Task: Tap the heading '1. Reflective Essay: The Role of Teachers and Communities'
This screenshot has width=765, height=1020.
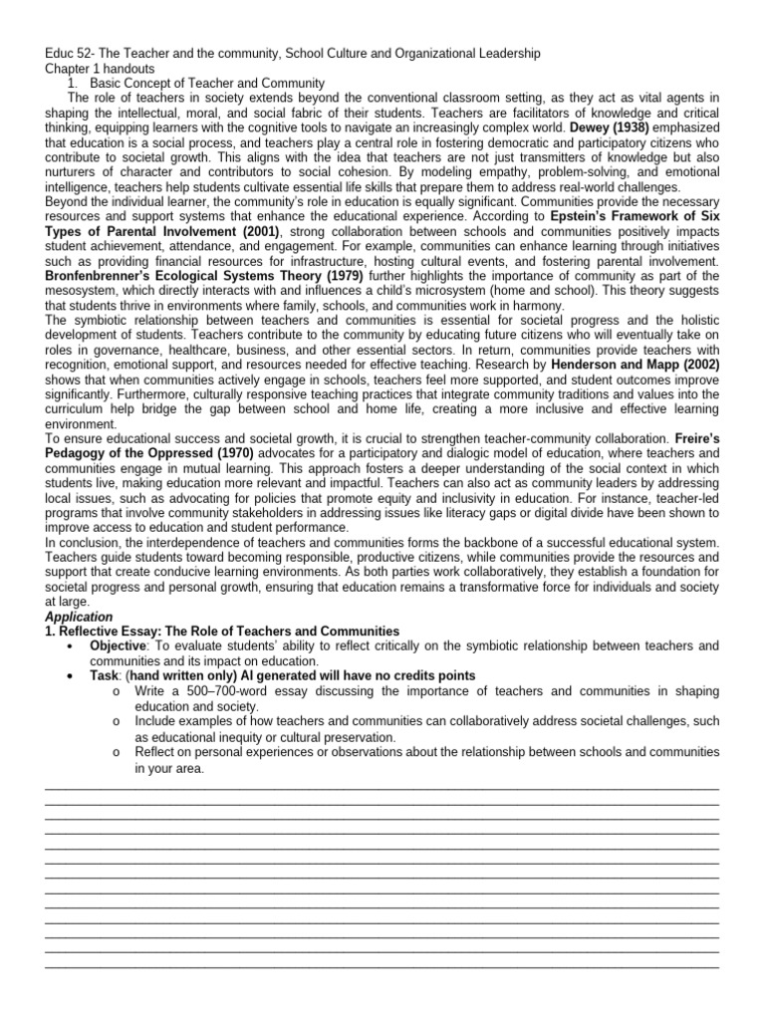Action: point(222,632)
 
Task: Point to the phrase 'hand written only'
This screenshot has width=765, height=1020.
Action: point(183,675)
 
